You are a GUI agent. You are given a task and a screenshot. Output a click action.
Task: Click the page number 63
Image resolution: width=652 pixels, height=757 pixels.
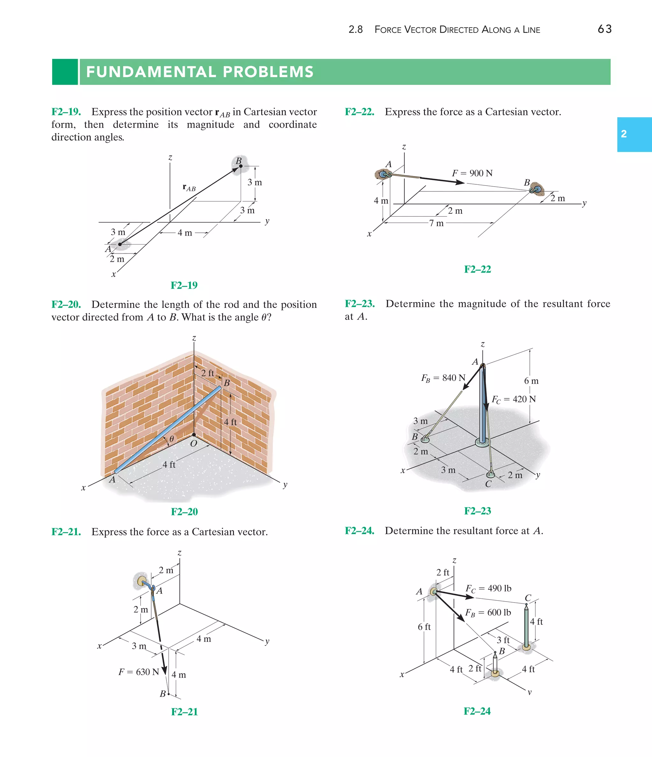604,29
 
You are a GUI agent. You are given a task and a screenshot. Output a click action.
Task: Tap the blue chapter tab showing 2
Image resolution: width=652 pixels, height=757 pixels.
634,134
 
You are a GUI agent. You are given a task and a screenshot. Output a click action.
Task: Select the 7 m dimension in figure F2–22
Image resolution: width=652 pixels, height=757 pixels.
436,223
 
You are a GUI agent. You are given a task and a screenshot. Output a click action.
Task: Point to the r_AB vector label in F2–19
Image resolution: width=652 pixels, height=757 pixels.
189,188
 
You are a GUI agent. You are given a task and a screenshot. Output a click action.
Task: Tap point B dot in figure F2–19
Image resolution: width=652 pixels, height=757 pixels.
241,166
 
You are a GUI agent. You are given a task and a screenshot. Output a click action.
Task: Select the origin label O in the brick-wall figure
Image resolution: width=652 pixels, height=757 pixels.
194,444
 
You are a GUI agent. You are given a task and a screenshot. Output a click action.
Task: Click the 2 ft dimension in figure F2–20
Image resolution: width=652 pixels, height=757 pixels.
208,373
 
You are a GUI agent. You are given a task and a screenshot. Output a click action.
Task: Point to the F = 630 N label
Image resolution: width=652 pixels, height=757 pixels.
139,672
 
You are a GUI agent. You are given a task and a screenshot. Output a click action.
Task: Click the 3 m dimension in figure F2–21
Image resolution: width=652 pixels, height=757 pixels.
139,646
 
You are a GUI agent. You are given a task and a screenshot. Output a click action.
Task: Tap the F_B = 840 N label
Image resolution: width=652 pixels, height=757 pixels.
443,378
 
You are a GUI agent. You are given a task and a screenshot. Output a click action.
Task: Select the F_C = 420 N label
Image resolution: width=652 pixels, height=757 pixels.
514,399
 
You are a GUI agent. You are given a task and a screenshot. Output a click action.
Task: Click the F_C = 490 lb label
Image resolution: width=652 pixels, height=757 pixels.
488,589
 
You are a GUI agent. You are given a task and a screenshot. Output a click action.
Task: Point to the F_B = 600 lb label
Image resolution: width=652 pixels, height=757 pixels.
488,613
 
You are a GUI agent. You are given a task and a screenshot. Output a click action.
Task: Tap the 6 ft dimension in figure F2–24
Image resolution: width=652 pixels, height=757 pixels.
424,627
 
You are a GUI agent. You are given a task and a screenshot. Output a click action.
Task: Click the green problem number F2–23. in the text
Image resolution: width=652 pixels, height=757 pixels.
359,304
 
